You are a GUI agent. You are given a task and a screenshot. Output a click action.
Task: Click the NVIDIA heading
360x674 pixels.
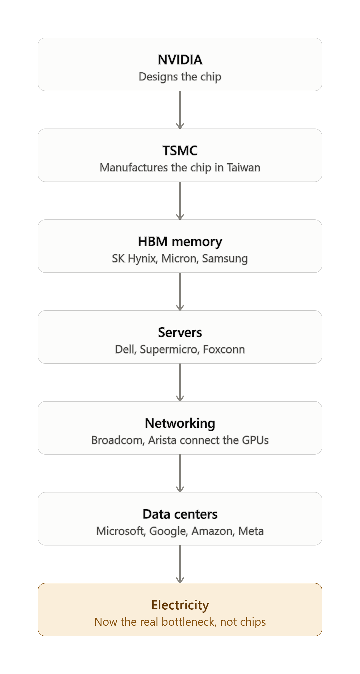click(x=180, y=60)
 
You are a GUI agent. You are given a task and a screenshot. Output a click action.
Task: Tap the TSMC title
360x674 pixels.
click(x=180, y=151)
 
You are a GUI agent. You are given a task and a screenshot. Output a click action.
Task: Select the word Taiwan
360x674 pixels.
click(x=243, y=168)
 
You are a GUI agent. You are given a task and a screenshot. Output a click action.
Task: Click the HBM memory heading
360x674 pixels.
click(x=180, y=241)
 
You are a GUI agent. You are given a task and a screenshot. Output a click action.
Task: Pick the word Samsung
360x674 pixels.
click(x=225, y=259)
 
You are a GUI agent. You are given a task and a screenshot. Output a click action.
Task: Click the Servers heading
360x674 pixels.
click(x=180, y=332)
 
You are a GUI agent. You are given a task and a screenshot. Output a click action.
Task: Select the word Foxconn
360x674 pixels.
click(x=224, y=349)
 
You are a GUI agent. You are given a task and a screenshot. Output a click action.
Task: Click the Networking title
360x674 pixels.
click(x=180, y=423)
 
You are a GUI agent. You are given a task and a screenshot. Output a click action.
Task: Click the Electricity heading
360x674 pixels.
click(x=180, y=605)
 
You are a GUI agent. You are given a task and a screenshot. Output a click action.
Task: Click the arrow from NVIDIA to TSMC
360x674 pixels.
click(x=180, y=110)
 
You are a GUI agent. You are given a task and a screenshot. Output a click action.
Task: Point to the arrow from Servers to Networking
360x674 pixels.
click(x=180, y=382)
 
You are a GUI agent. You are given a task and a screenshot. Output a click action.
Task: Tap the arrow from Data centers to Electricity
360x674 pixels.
click(x=180, y=564)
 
